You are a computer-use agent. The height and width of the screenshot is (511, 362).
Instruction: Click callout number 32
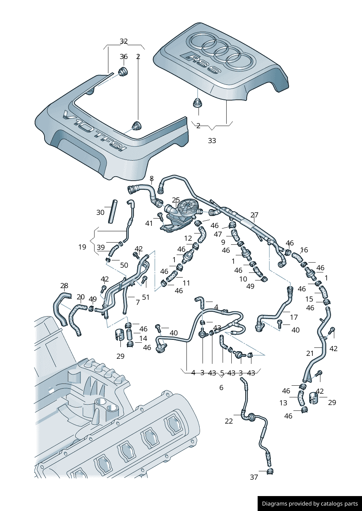coord(124,42)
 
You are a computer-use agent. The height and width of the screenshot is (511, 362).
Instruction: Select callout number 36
coord(124,56)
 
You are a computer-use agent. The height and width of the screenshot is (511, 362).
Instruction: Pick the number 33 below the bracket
coord(212,141)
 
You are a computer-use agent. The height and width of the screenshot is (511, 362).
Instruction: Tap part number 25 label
coord(176,200)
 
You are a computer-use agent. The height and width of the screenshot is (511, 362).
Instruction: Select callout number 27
coord(254,215)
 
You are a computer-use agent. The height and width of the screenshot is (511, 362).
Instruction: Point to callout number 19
coord(82,247)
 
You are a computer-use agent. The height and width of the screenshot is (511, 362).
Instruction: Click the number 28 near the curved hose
coord(64,286)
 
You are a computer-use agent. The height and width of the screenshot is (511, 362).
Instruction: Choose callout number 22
coord(229,421)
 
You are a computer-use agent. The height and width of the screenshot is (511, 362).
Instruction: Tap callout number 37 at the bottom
coord(254,477)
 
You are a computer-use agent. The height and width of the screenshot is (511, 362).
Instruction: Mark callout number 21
coord(310,353)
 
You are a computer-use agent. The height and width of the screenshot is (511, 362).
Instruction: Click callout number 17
coord(294,317)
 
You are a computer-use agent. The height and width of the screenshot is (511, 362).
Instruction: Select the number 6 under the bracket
coord(221,388)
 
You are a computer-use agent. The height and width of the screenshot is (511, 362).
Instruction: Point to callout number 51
coord(146,297)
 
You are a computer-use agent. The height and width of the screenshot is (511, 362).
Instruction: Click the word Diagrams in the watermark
coord(274,504)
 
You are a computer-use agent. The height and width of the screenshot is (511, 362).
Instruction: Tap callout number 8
coord(151,178)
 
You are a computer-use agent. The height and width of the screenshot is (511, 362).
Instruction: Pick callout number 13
coord(284,403)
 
